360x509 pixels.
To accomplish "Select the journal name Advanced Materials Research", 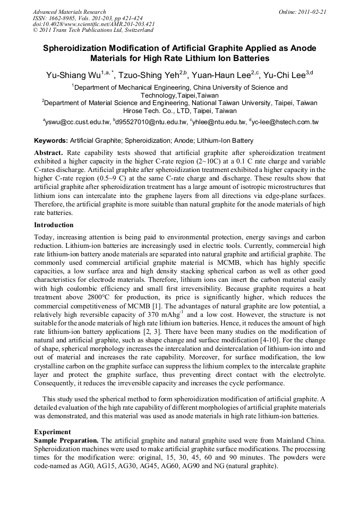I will coord(69,12).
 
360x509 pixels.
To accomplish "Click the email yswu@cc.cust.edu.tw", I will coord(78,123).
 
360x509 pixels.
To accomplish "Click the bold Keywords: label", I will coord(51,141).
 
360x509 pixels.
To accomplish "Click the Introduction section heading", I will coord(54,225).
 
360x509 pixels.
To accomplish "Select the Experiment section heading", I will coord(53,432).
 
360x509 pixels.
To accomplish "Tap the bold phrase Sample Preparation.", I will coord(65,441).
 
